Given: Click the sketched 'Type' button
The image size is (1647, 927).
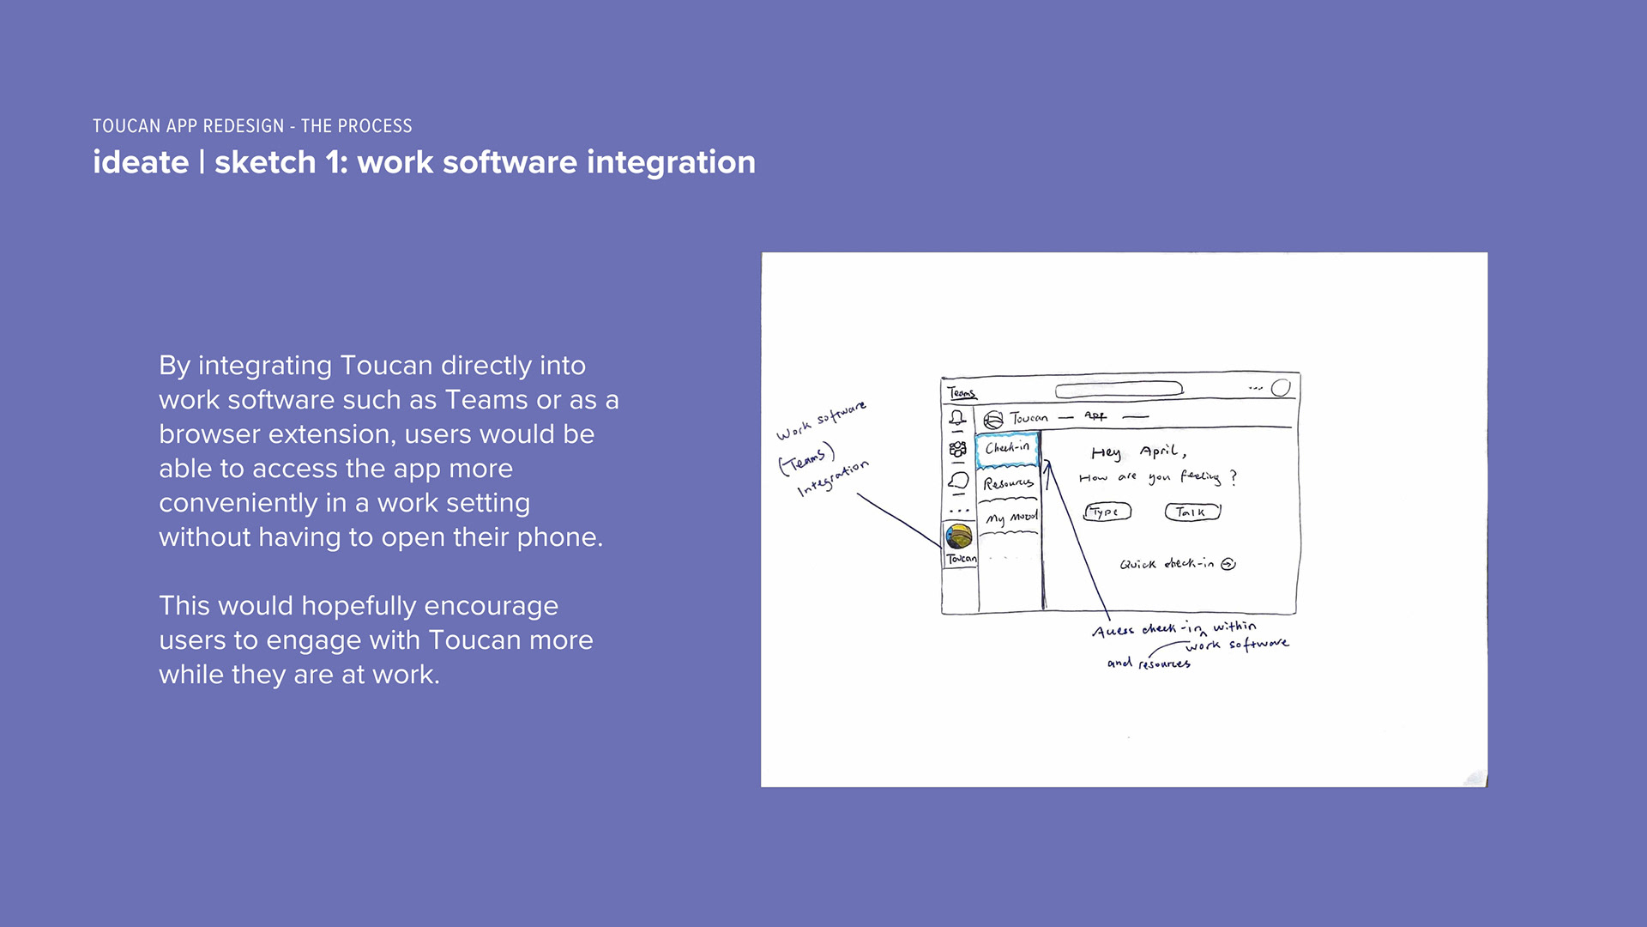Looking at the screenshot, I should tap(1107, 512).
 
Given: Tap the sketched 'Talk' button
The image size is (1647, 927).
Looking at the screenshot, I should tap(1192, 512).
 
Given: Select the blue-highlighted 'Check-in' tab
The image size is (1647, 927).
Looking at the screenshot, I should tap(1007, 449).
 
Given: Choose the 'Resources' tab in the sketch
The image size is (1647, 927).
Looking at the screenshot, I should tap(1009, 484).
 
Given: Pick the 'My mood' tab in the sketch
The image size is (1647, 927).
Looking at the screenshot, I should tap(1011, 518).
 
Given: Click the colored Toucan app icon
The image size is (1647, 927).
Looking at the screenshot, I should tap(959, 537).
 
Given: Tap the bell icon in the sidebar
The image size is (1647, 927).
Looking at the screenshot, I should tap(957, 419).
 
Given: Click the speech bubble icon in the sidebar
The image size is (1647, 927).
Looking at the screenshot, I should tap(958, 482).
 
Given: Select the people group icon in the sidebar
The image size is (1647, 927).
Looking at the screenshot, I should tap(957, 450).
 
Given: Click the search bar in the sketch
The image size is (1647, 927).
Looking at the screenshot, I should tap(1119, 390).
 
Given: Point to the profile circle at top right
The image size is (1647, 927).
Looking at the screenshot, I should tap(1281, 388).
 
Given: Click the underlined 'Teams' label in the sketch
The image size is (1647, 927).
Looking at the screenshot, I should tap(962, 393).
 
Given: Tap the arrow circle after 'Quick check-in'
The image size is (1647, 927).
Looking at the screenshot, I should tap(1228, 564).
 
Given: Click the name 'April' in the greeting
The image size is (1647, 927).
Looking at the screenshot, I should tap(1162, 451).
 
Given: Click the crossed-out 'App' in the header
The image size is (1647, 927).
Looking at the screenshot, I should tap(1095, 416).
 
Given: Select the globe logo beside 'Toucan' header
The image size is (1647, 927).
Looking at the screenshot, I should tap(993, 420).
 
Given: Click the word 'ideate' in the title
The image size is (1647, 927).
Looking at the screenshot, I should tap(141, 162).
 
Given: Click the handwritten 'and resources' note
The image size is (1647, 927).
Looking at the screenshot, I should tap(1149, 663).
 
